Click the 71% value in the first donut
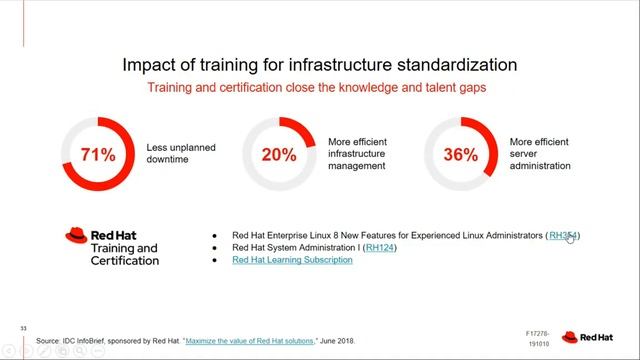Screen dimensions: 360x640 [x=99, y=155]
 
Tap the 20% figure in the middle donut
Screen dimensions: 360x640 [x=280, y=155]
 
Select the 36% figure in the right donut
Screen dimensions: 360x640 [x=462, y=155]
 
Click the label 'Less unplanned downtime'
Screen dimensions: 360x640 [x=181, y=153]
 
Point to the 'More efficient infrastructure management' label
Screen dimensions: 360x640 [x=357, y=154]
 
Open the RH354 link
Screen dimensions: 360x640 [x=563, y=235]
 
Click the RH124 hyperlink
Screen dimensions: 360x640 [x=380, y=247]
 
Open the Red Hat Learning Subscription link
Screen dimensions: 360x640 [x=292, y=260]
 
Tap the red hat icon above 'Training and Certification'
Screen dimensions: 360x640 [x=77, y=235]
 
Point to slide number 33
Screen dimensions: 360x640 [x=9, y=327]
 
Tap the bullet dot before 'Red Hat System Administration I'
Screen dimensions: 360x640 [x=215, y=248]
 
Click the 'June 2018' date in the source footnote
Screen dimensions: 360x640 [x=337, y=341]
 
